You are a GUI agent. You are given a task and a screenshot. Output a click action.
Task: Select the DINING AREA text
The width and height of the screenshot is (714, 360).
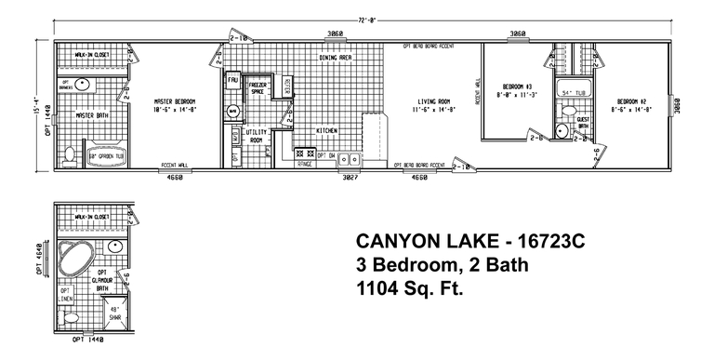tap(335, 58)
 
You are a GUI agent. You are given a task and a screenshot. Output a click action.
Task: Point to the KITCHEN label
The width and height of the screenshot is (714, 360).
tap(326, 130)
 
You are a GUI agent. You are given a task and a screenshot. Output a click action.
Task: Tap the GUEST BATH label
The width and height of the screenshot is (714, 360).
tap(583, 122)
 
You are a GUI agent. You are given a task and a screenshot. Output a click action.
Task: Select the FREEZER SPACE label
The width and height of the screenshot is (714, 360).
tap(258, 88)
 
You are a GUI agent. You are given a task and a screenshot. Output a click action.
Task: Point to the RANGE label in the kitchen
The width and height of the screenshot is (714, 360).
tap(305, 164)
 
